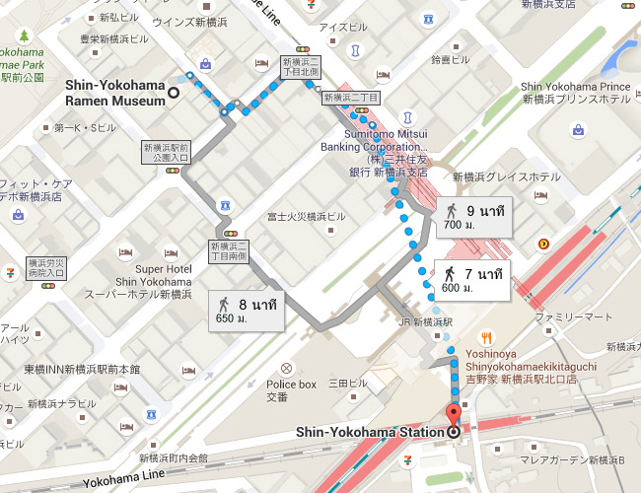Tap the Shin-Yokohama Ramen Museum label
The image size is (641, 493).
(114, 93)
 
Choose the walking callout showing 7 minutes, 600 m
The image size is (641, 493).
(474, 280)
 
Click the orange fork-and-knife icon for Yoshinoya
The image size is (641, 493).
(483, 337)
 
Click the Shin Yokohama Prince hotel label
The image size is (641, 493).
(576, 93)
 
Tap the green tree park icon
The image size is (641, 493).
(24, 36)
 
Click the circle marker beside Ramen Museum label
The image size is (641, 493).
(174, 94)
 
